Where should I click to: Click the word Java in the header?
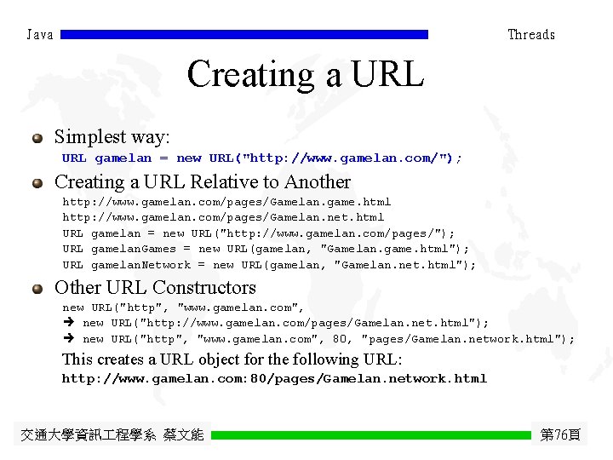point(40,35)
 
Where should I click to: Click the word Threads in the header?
point(531,35)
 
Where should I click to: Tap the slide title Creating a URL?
point(305,74)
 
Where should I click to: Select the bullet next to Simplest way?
point(37,137)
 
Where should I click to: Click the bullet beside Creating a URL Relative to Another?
point(37,182)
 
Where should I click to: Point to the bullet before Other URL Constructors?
point(37,288)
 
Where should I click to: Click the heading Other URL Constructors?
point(155,288)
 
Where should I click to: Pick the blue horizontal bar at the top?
point(244,35)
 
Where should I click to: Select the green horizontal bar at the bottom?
point(370,435)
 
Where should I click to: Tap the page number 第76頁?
point(560,435)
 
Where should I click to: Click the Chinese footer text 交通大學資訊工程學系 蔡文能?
point(112,435)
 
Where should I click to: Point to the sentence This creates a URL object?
point(232,359)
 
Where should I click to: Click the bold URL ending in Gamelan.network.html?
point(274,378)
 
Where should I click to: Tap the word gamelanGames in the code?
point(131,249)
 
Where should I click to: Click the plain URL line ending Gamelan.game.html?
point(226,202)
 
